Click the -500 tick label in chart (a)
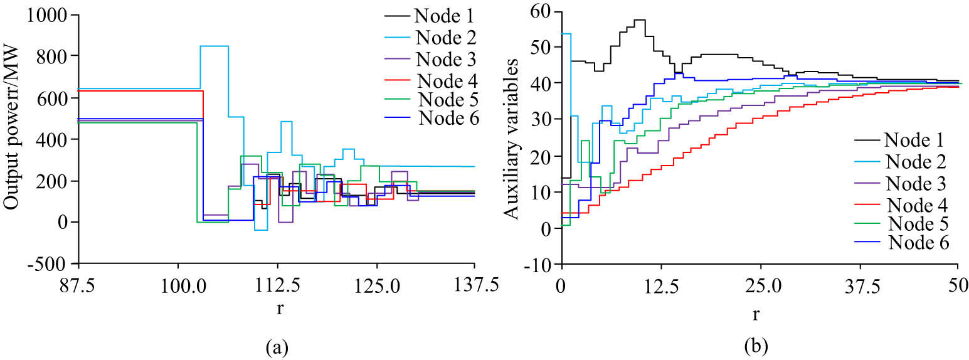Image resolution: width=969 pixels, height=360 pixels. click(x=51, y=263)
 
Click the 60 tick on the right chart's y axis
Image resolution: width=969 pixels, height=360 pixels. click(x=543, y=11)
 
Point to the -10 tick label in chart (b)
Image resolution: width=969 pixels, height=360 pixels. click(x=541, y=264)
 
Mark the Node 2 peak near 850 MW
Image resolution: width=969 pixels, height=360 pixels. click(x=214, y=46)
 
